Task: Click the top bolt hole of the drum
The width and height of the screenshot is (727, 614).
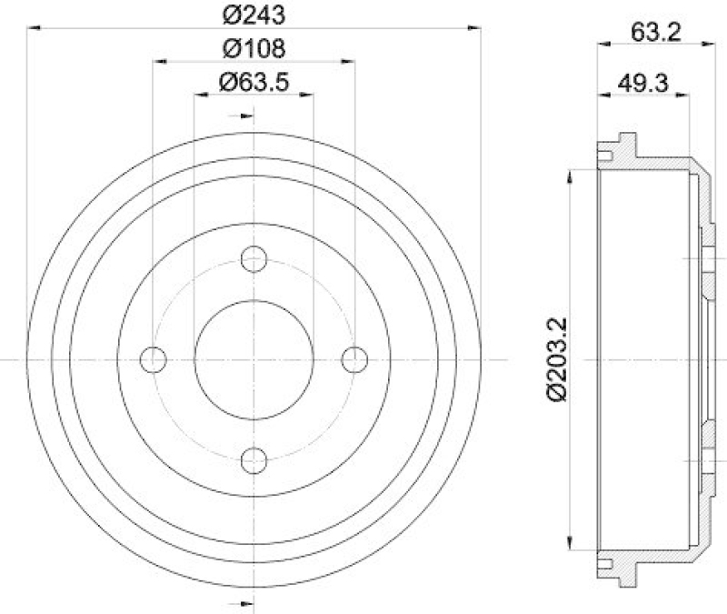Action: coord(254,259)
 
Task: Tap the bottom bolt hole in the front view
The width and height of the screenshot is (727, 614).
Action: coord(254,461)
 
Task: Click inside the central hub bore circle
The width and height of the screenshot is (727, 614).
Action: coord(254,360)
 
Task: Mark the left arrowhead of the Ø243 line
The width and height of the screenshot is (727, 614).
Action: coord(33,28)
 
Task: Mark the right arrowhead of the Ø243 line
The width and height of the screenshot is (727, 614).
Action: coord(475,28)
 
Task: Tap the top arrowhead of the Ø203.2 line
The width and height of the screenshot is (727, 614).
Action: coord(570,173)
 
